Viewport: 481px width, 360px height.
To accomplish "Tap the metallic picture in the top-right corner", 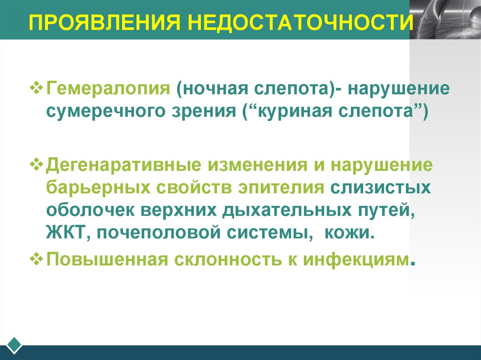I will point(445,19).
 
